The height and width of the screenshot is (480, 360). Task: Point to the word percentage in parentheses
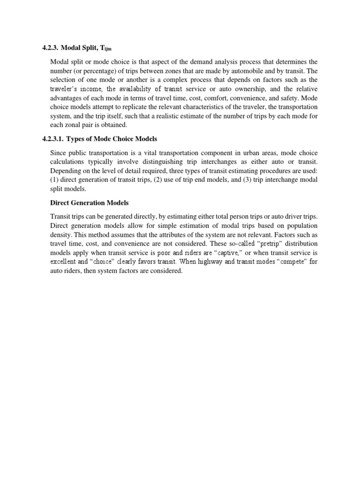[x=95, y=71]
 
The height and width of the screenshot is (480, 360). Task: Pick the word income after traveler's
[x=94, y=89]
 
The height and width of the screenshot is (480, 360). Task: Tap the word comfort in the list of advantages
[x=213, y=97]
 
